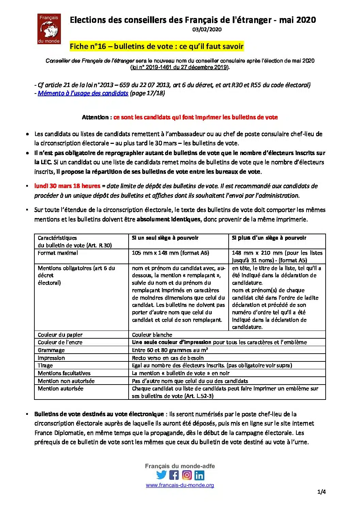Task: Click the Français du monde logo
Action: [49, 29]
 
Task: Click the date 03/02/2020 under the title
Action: [207, 30]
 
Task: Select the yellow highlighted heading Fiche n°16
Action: [157, 46]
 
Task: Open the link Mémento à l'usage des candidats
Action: [83, 93]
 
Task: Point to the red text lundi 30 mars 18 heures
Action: [67, 186]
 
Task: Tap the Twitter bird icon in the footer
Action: [162, 475]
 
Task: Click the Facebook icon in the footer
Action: [174, 475]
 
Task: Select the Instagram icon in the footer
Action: [187, 475]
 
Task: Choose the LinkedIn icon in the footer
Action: [199, 475]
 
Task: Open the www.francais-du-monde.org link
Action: [180, 486]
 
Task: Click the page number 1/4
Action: [322, 492]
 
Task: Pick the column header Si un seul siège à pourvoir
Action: [165, 238]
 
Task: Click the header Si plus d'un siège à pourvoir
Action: [269, 238]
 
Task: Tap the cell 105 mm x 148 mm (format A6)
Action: [170, 253]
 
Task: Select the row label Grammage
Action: [51, 350]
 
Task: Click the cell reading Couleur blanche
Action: [152, 335]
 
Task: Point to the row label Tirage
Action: [45, 366]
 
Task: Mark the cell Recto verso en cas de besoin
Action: [168, 358]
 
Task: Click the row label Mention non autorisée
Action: [66, 381]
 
